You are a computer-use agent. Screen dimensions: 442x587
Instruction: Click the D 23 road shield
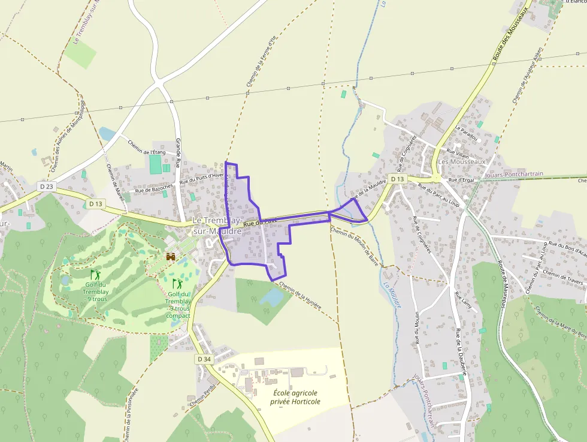click(x=46, y=187)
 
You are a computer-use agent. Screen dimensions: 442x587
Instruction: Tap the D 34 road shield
click(x=204, y=359)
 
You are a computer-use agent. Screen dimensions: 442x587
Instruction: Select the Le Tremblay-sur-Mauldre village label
click(x=217, y=226)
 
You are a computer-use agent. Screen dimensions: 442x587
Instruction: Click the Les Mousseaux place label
click(x=461, y=162)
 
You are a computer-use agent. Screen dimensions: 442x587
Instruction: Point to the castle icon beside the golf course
click(x=171, y=257)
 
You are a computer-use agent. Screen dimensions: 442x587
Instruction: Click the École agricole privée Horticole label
click(x=295, y=397)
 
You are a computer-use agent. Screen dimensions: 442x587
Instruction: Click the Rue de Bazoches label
click(x=154, y=190)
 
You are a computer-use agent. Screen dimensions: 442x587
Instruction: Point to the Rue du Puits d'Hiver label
click(x=202, y=178)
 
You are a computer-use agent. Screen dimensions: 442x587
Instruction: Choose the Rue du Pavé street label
click(x=261, y=222)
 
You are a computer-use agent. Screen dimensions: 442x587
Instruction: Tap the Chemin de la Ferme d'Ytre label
click(x=260, y=62)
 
